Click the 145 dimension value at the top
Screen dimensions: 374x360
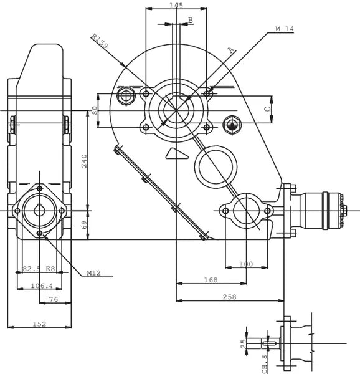(x=176, y=5)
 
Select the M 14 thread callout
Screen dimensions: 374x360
(x=285, y=29)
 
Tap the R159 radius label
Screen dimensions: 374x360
(x=99, y=41)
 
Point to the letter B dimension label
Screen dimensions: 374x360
(x=191, y=20)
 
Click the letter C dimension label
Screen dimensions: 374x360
(x=267, y=108)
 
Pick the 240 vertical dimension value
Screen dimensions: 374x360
(x=84, y=161)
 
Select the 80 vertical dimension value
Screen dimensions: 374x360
(x=95, y=110)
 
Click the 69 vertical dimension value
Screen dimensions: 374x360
(x=85, y=224)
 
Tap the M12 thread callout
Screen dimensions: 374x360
(x=94, y=273)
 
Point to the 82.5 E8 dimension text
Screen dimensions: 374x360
(x=39, y=269)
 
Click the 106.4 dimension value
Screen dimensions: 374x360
(x=42, y=286)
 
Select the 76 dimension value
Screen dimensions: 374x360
(x=54, y=300)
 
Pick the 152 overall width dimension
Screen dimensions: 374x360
(x=39, y=324)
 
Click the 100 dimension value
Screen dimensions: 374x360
(x=246, y=264)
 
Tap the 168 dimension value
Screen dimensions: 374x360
(x=211, y=280)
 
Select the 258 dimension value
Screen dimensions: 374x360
(x=229, y=297)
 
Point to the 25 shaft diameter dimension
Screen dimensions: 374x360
(x=244, y=343)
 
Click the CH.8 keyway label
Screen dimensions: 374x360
(x=265, y=363)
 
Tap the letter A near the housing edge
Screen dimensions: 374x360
(x=230, y=49)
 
